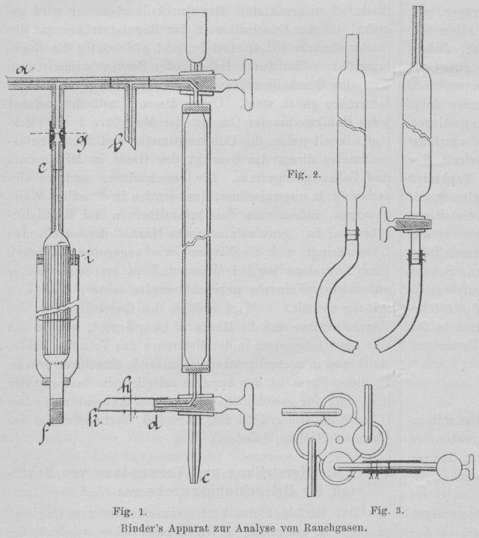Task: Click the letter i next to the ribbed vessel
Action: pyautogui.click(x=90, y=262)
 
